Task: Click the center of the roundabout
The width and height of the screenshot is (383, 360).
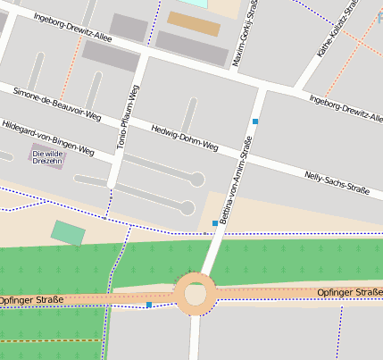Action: (195, 294)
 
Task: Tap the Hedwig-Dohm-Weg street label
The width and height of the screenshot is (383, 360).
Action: (185, 137)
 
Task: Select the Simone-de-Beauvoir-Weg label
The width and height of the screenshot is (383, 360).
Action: (57, 105)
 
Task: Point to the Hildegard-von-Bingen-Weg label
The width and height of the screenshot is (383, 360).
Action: (47, 138)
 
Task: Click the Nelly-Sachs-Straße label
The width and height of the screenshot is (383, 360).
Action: (337, 182)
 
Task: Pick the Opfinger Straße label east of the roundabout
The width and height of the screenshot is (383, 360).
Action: (349, 292)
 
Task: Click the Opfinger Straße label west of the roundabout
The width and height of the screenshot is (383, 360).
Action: (31, 300)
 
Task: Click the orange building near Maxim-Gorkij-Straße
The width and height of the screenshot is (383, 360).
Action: (193, 23)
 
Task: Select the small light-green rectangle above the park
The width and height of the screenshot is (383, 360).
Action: (68, 232)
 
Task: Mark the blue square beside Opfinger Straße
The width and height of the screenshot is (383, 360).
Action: (148, 305)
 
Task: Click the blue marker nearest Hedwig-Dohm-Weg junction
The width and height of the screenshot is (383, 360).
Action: (255, 121)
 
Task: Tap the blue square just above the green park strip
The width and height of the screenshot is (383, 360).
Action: (214, 223)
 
